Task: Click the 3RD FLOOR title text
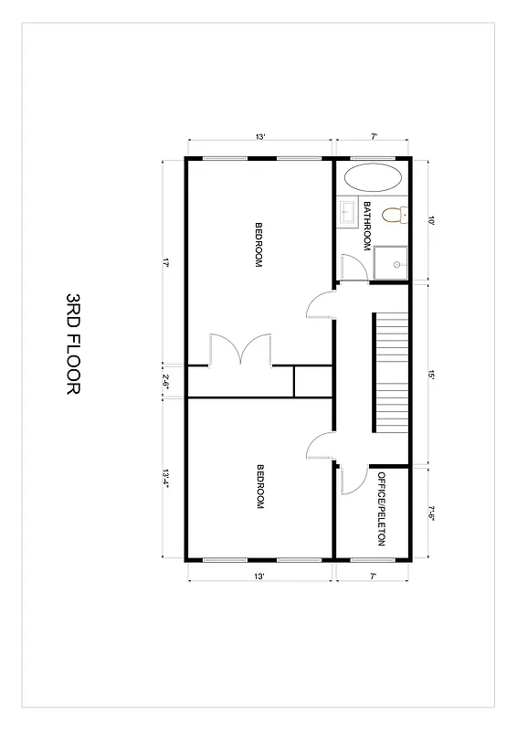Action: coord(73,344)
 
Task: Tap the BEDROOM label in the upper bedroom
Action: coord(259,245)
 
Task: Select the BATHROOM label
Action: coord(367,226)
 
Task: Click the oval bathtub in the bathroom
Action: coord(373,177)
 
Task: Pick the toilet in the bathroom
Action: coord(394,216)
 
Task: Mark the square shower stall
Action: coord(391,263)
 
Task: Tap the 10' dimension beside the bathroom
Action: coord(430,220)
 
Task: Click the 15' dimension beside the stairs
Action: coord(430,374)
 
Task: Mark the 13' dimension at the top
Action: coord(260,137)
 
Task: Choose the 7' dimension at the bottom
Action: coord(373,577)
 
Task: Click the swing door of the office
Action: coord(353,479)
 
